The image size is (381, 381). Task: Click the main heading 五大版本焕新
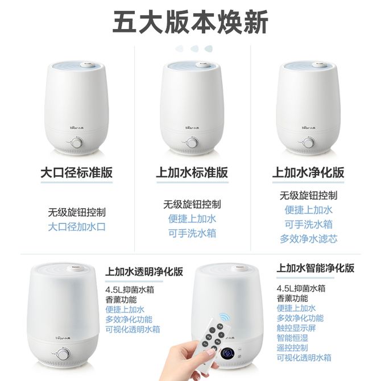coord(191,22)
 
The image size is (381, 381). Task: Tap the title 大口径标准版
coord(77,172)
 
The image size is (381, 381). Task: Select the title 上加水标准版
coord(192,172)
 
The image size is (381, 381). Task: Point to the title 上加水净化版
coord(308,172)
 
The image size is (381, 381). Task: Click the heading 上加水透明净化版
coord(144,271)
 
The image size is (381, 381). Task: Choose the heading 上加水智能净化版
coord(316,268)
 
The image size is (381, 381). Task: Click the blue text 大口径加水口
coord(77,227)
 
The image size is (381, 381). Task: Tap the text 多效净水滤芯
coord(309,239)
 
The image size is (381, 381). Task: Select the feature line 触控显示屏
coord(296,328)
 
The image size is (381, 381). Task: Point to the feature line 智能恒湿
coord(292,338)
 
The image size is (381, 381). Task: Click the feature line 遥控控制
coord(292,347)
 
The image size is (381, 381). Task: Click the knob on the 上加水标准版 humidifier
coord(192,142)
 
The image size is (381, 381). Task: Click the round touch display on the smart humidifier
coord(227,354)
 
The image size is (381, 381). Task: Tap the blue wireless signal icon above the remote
coord(225,317)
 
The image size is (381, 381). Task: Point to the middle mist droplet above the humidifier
coord(194,49)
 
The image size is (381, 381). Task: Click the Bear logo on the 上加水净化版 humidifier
coord(308,127)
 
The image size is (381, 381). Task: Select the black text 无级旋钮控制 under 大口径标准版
coord(77,212)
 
